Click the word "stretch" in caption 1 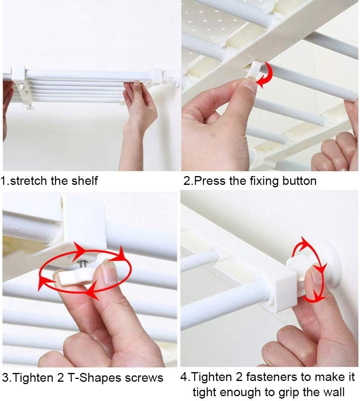pos(29,181)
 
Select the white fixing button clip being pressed pos(254,70)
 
